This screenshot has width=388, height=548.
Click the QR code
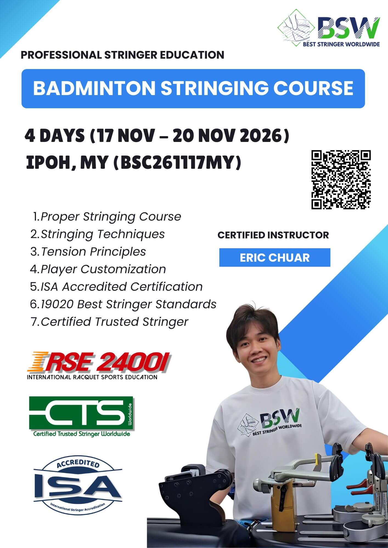tap(341, 179)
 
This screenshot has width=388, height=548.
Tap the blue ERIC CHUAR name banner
tap(275, 258)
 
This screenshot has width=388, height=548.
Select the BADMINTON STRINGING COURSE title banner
tap(193, 88)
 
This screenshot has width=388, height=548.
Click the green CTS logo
tap(81, 416)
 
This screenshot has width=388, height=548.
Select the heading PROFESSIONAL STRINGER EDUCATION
tap(122, 55)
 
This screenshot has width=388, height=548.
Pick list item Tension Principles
tap(93, 252)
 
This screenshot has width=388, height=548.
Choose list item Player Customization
tap(103, 269)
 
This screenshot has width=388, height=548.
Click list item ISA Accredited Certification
tap(122, 287)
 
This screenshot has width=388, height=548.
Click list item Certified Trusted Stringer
tap(114, 322)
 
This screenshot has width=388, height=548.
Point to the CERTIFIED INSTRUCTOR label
tap(273, 235)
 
